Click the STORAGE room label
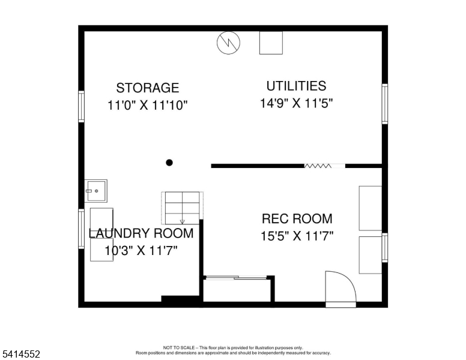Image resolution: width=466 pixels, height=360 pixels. coord(147,88)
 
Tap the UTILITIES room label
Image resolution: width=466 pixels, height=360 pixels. coord(296,86)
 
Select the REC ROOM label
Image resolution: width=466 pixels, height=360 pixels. coord(297,219)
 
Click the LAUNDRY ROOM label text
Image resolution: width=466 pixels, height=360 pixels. coord(141,233)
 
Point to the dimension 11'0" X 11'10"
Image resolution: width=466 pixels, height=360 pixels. coord(147,106)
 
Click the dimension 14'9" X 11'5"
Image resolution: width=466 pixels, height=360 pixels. coord(296,103)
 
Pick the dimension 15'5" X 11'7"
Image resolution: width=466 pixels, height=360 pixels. coord(297,236)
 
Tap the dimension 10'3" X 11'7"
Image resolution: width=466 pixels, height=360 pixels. coord(141,251)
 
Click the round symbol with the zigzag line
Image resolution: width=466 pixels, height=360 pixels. coord(228,43)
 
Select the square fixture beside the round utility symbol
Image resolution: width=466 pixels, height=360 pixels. coord(270,43)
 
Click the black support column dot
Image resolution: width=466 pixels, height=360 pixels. coord(169,163)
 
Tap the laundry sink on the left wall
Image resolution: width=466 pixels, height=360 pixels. coord(96,191)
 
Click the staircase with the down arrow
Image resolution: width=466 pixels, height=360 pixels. coord(182,207)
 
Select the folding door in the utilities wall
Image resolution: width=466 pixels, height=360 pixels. coord(324,166)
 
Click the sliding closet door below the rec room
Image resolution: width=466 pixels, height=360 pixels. coord(235,277)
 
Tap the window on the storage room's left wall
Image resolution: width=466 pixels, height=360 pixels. coord(81,107)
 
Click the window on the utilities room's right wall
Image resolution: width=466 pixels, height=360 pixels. coord(384,104)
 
